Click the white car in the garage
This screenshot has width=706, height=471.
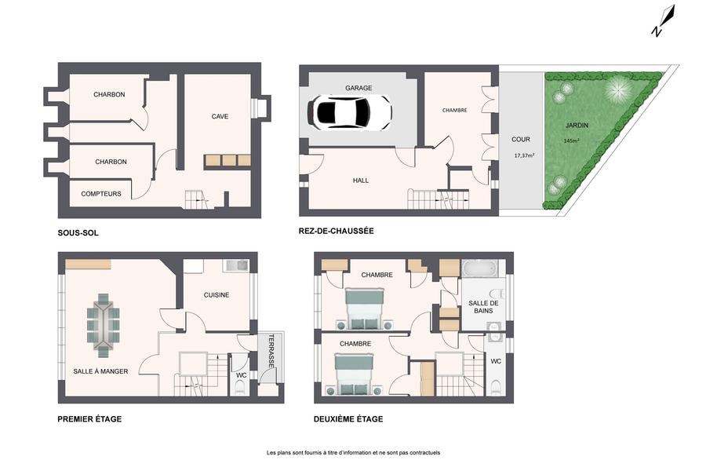tap(349, 112)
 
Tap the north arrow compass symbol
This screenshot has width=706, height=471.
tap(664, 20)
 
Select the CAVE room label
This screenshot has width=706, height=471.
tap(220, 116)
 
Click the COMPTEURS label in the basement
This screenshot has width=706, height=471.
tap(101, 194)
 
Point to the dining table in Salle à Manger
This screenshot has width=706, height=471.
tap(104, 322)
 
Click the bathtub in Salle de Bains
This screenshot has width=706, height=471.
tap(480, 269)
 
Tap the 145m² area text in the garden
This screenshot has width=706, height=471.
tap(571, 141)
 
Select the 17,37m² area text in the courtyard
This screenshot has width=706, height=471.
tap(524, 155)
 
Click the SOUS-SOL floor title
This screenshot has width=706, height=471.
tap(78, 233)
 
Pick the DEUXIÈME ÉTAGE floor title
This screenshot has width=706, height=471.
tap(348, 418)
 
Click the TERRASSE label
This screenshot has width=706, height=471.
tap(271, 351)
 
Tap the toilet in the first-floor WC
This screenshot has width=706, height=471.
tap(241, 388)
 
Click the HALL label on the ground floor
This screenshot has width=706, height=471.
tap(361, 181)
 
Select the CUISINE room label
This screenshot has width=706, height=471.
tap(217, 295)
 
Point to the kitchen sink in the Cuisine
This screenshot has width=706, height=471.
tap(236, 265)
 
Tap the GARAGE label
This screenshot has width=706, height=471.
tap(358, 88)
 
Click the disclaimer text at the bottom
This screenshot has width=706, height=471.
tap(354, 452)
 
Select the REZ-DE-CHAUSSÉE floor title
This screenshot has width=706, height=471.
tap(336, 231)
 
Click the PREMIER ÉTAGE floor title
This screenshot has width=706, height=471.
tap(89, 418)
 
